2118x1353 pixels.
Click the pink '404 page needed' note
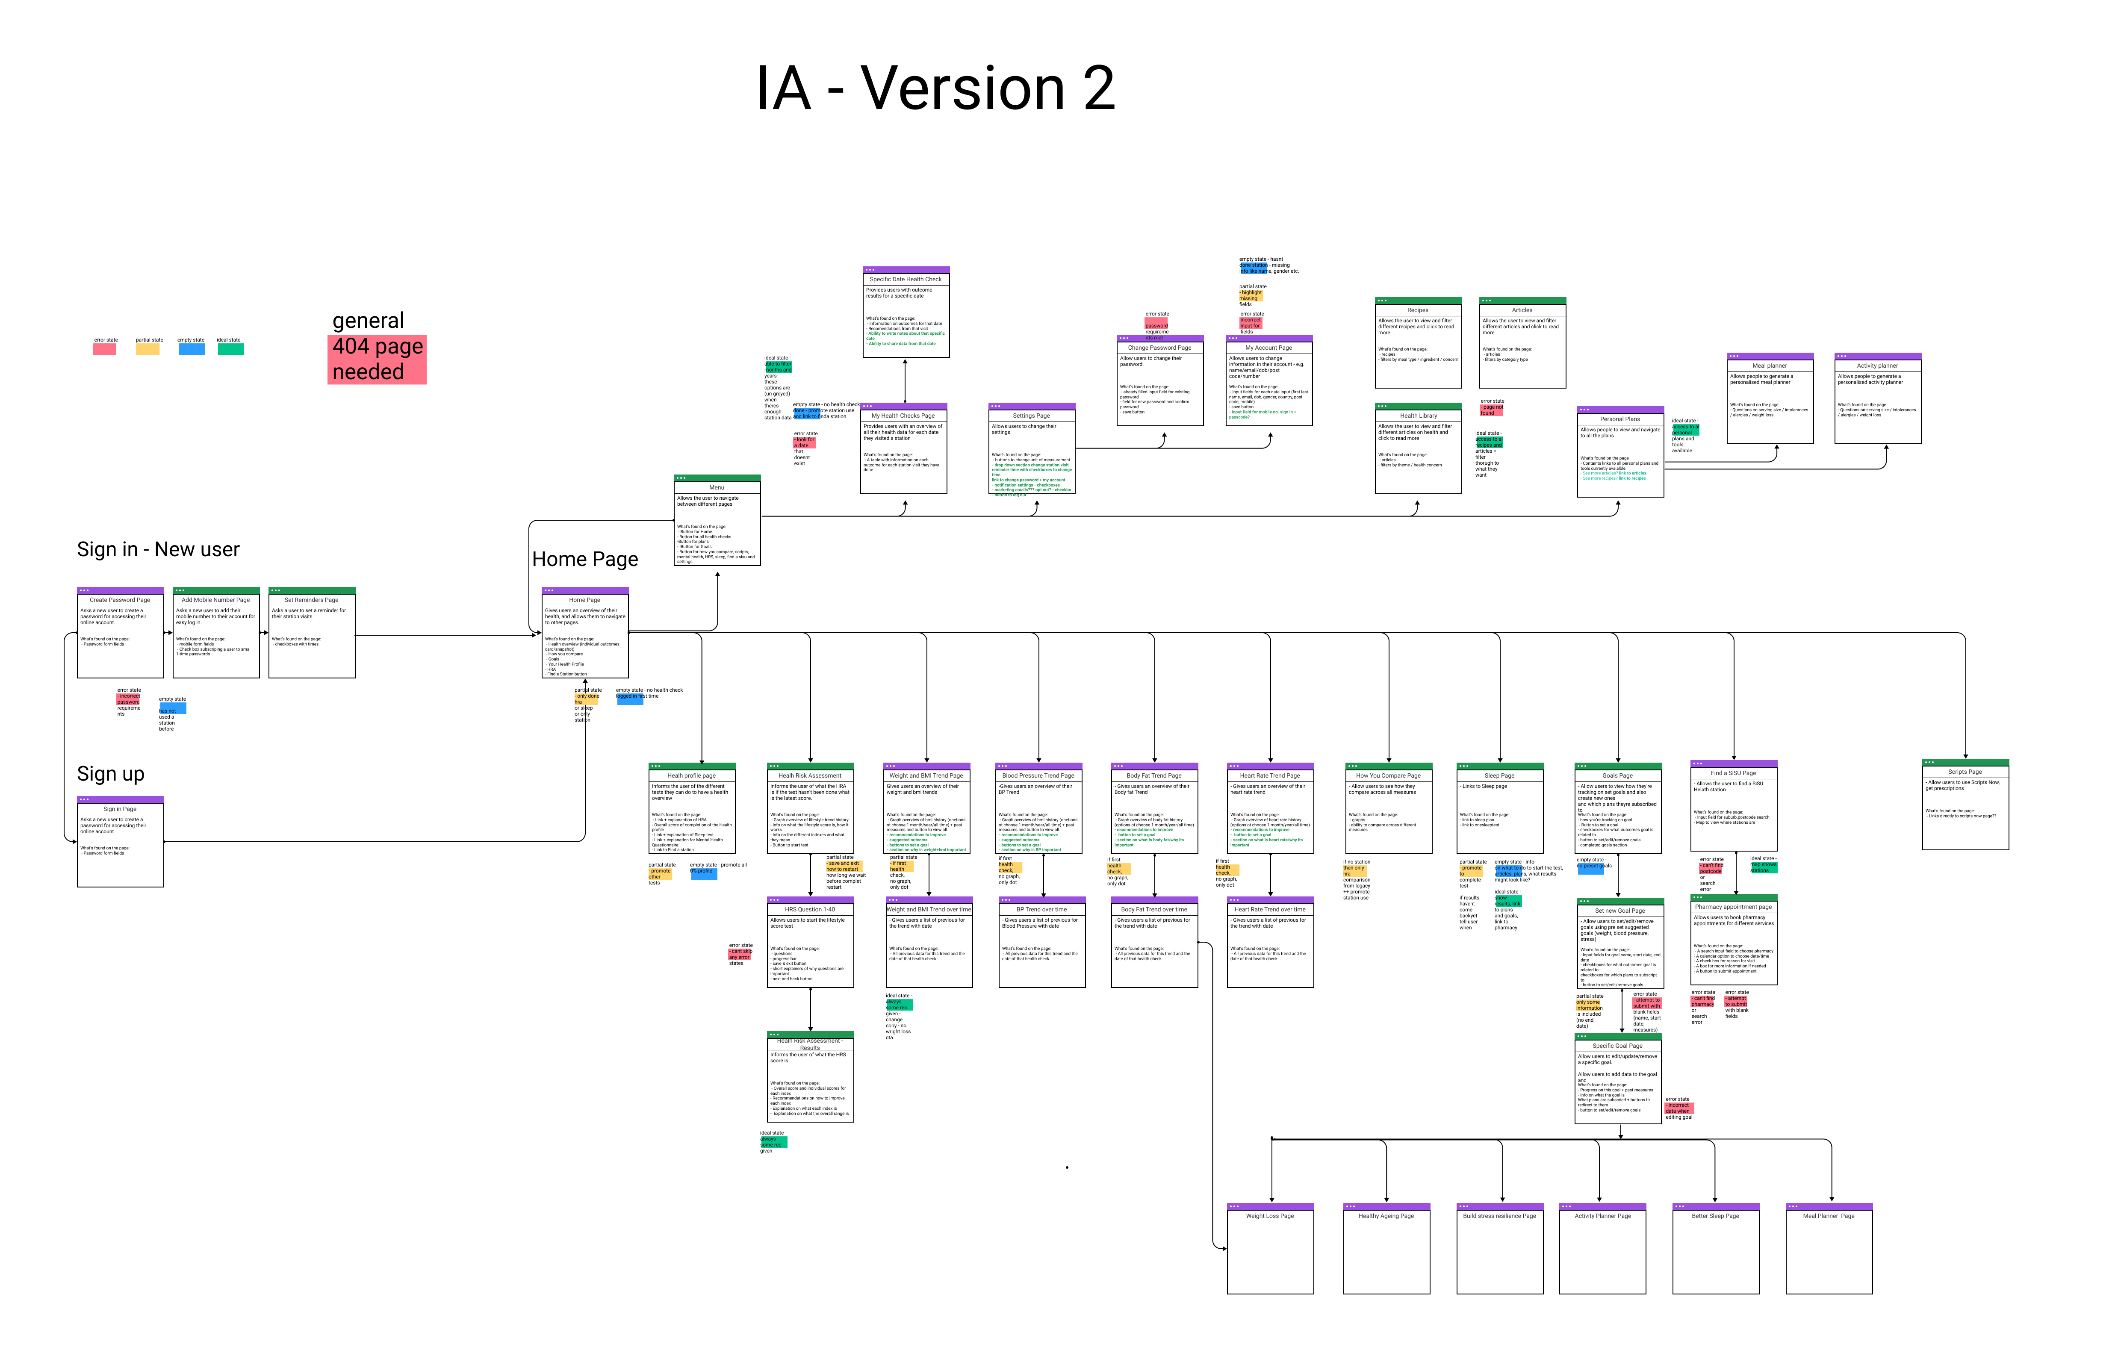(x=377, y=359)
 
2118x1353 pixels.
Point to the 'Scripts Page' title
(x=1965, y=772)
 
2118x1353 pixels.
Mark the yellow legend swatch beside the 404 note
(x=148, y=349)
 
